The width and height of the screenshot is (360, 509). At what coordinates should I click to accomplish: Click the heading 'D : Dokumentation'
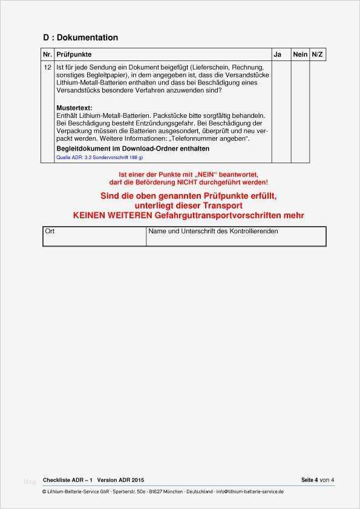80,37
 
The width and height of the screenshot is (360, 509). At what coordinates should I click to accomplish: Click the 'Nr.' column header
47,54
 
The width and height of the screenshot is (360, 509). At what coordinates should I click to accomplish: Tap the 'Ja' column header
278,54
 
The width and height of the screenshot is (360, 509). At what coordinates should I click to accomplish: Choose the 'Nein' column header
300,54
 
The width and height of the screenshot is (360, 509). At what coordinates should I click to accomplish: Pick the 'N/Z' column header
317,54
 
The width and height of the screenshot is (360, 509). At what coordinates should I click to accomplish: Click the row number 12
47,66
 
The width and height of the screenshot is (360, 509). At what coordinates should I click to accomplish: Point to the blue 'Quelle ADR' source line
99,157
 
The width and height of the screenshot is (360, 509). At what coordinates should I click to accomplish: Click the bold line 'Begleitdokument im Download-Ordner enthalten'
133,148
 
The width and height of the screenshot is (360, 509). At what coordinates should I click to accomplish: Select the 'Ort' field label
50,232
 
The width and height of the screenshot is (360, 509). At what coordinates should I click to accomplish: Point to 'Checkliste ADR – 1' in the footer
67,480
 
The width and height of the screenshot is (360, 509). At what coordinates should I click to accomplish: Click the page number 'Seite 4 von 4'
318,480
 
